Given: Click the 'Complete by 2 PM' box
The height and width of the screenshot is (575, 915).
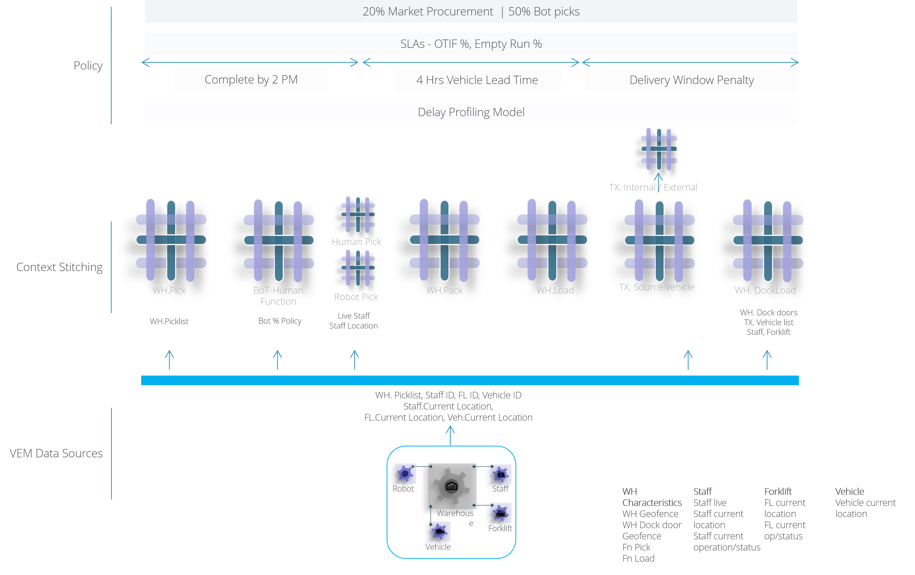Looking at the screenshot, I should tap(251, 79).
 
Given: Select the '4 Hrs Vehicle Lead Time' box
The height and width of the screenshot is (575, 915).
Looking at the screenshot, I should tap(477, 80).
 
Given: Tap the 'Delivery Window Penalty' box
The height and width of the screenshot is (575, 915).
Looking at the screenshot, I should tap(691, 80).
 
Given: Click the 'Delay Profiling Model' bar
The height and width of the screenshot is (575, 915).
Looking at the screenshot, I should tap(471, 112).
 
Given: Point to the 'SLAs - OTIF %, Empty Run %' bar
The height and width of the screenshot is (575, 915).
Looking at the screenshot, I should tap(471, 44).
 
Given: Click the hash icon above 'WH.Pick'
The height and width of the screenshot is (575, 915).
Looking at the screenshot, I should tap(171, 240).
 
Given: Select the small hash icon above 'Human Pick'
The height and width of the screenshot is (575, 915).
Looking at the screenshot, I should tap(358, 215).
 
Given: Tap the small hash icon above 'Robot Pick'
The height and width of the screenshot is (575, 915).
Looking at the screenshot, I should tap(358, 268).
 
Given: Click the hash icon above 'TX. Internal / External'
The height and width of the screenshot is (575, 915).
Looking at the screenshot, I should tap(659, 149).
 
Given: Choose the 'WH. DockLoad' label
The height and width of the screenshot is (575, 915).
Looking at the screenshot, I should tap(765, 290).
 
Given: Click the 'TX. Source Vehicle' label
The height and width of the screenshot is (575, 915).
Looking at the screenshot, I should tap(656, 287).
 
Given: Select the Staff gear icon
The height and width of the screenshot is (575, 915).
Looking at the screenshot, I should tap(501, 474).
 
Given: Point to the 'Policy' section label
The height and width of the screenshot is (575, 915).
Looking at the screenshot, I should tap(88, 65).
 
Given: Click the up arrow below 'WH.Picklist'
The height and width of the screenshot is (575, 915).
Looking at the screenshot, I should tap(170, 360).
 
